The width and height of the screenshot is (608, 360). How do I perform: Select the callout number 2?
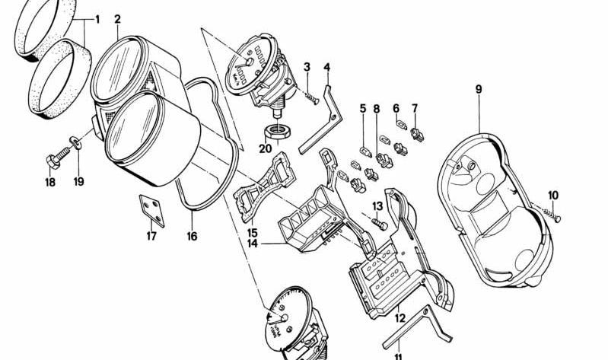[117, 18]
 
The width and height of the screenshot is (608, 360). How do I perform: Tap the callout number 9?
[479, 89]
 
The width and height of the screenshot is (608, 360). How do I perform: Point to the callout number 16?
[192, 237]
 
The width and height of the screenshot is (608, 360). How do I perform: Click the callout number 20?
[264, 148]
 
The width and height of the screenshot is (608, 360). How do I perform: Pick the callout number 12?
[400, 311]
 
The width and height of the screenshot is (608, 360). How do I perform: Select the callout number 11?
[398, 355]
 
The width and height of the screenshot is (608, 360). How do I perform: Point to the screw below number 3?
[312, 95]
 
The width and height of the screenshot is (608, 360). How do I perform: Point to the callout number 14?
[252, 244]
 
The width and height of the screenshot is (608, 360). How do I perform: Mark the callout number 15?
[252, 231]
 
